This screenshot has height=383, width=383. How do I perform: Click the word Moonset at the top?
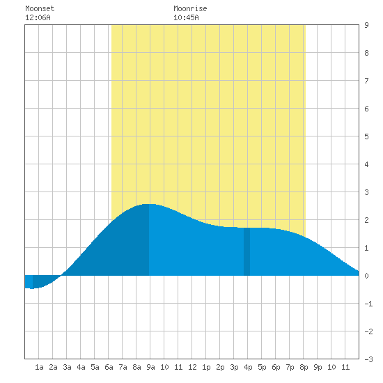(40, 8)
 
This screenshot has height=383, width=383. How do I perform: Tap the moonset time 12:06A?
(38, 17)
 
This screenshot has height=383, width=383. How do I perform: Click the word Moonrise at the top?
(190, 8)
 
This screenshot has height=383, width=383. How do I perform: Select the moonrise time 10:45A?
(186, 17)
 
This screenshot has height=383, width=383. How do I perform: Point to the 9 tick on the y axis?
(366, 25)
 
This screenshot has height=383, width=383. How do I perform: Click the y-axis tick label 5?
(366, 136)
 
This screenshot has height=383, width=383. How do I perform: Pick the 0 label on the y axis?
(366, 276)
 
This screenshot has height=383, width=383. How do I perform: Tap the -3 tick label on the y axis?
(368, 359)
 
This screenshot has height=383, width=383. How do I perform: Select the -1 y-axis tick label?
(368, 304)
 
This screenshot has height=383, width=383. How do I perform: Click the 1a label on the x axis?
(39, 367)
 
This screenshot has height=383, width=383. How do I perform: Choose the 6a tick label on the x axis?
(109, 367)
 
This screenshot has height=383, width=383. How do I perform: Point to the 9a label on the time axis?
(150, 367)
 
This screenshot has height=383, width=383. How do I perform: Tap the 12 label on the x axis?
(192, 367)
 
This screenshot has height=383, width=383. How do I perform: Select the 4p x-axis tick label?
(248, 367)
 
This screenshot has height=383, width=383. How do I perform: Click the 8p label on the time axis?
(304, 367)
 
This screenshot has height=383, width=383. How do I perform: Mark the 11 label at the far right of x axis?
(345, 367)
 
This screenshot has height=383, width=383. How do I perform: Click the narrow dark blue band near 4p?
(247, 251)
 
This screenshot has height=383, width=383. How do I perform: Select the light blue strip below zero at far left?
(29, 281)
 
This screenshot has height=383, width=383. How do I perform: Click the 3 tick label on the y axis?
(366, 192)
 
